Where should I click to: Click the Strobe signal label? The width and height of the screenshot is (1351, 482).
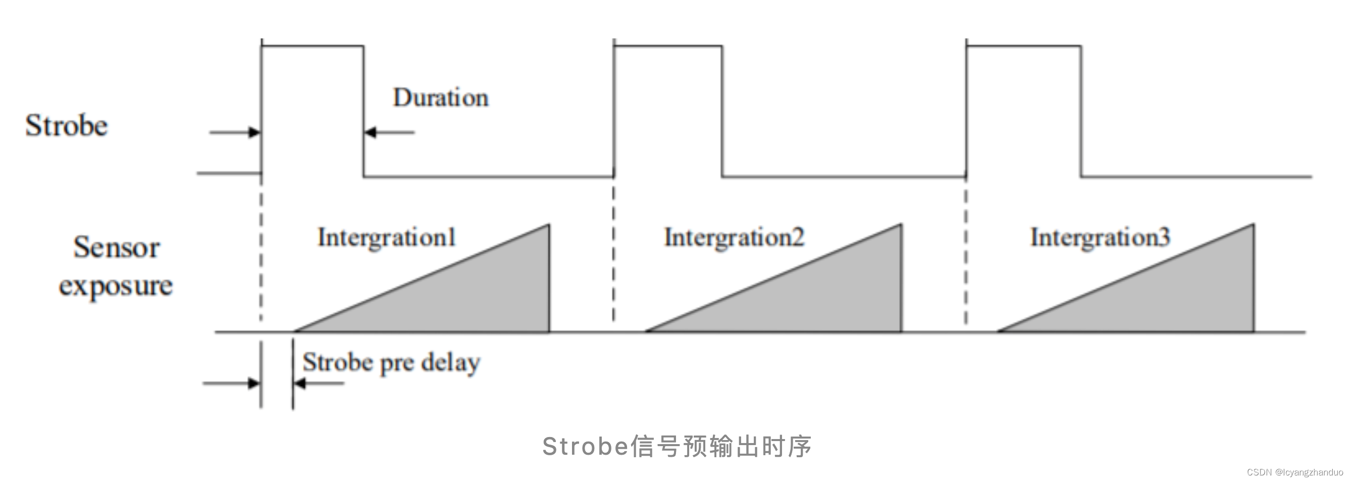pyautogui.click(x=67, y=126)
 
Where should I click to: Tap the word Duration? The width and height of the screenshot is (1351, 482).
pyautogui.click(x=441, y=98)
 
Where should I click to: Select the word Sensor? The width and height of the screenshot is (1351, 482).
pyautogui.click(x=117, y=247)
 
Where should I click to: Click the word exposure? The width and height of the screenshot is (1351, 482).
pyautogui.click(x=116, y=286)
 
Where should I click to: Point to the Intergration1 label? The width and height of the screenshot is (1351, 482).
pyautogui.click(x=387, y=237)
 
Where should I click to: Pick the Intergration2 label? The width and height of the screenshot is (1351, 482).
pyautogui.click(x=734, y=237)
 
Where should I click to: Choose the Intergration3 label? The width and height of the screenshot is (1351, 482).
pyautogui.click(x=1100, y=237)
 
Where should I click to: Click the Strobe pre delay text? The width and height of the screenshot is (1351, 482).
pyautogui.click(x=391, y=363)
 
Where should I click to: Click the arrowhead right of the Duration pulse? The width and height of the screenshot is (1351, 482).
pyautogui.click(x=370, y=132)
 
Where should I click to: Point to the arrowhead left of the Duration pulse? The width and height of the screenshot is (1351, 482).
pyautogui.click(x=254, y=132)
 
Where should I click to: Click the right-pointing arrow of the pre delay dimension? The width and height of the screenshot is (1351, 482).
pyautogui.click(x=254, y=383)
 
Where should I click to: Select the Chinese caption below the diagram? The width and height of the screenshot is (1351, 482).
pyautogui.click(x=677, y=446)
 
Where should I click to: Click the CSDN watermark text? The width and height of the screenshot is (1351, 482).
pyautogui.click(x=1294, y=472)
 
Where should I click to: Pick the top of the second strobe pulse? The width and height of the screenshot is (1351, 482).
pyautogui.click(x=667, y=46)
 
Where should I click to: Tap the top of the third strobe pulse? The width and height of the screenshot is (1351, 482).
pyautogui.click(x=1023, y=46)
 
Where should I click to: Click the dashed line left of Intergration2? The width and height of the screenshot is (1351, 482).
pyautogui.click(x=613, y=252)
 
